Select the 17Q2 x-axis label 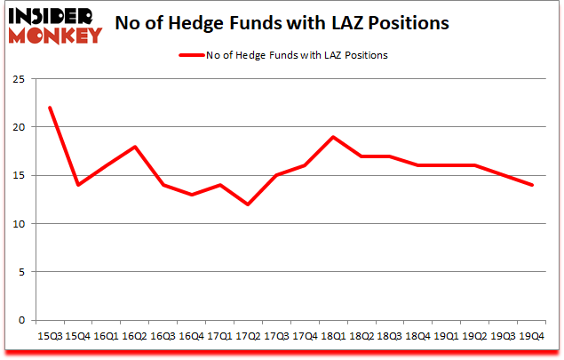tap(248, 337)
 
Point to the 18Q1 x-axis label tap(333, 337)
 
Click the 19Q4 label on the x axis tap(532, 337)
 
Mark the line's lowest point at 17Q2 tap(248, 204)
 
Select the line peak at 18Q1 tap(333, 137)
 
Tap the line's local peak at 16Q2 tap(134, 147)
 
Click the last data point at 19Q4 tap(532, 185)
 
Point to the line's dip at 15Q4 tap(77, 185)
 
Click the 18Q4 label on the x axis tap(418, 337)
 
